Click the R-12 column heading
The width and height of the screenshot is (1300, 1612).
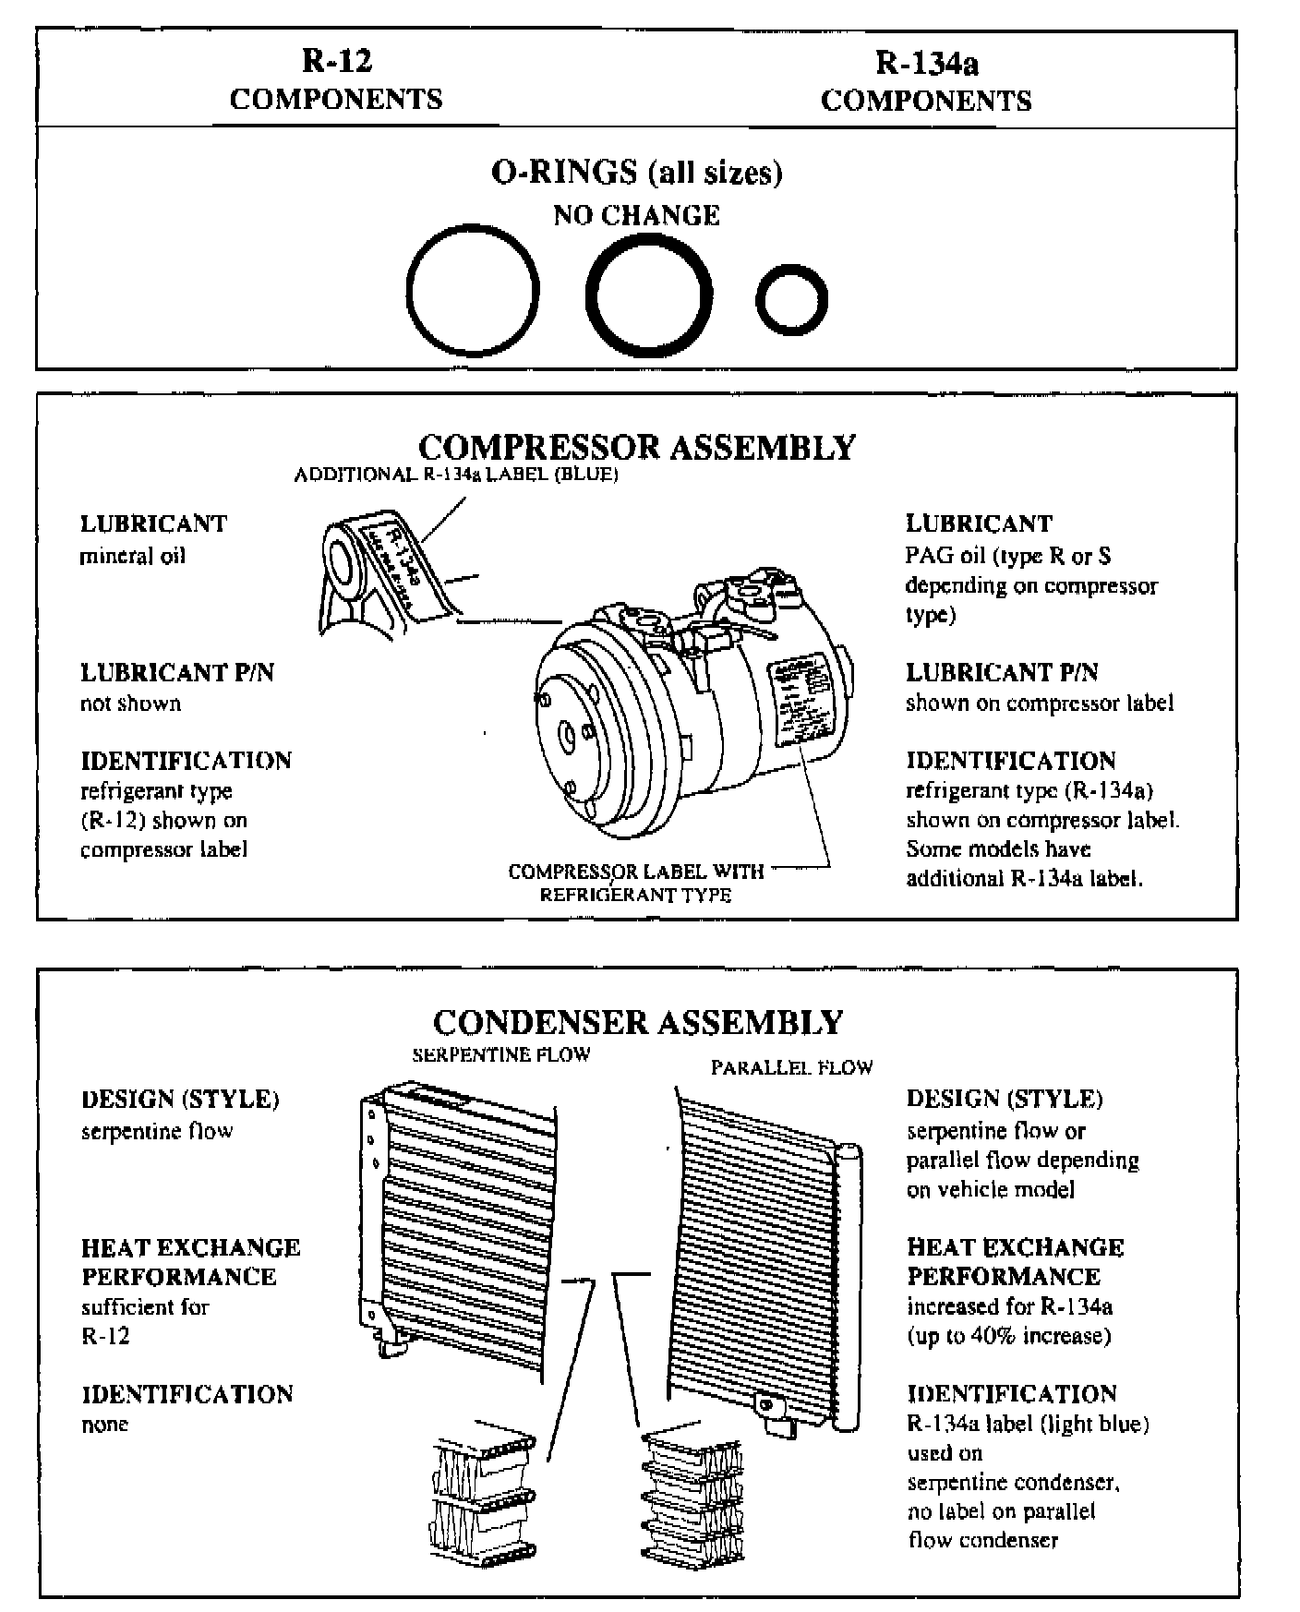(336, 79)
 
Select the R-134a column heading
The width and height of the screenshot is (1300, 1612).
(926, 80)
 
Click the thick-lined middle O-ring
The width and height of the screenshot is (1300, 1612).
(649, 295)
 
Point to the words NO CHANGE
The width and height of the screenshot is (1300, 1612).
(636, 215)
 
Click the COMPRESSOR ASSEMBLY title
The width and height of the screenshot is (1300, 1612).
(637, 448)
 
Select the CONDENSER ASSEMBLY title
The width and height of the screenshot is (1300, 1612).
(637, 1023)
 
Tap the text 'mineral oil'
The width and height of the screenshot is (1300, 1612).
(133, 556)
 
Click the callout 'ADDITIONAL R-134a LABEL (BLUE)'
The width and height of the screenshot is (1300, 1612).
(455, 475)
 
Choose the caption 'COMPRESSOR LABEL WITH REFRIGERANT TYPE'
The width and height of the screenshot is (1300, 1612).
(636, 884)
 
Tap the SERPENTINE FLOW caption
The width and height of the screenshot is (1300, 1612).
(500, 1054)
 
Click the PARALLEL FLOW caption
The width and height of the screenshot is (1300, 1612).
(791, 1067)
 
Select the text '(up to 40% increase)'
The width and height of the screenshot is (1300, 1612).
(1008, 1336)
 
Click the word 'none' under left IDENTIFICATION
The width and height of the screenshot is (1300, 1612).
(104, 1425)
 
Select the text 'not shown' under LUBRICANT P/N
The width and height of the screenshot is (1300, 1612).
(130, 704)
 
